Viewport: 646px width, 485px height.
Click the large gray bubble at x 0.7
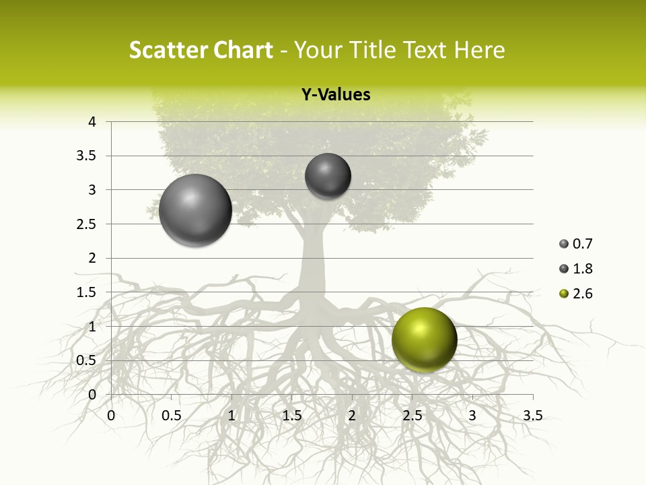tap(196, 210)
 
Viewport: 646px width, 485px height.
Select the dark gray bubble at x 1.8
tap(328, 176)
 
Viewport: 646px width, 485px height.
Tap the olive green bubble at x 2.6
tap(424, 339)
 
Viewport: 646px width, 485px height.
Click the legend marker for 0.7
tap(564, 244)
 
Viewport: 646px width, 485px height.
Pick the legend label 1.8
tap(582, 269)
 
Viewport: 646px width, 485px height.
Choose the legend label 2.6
tap(582, 294)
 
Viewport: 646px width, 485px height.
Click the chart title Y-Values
tap(335, 95)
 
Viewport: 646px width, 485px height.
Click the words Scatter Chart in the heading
tap(201, 50)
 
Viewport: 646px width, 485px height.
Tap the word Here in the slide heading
tap(479, 50)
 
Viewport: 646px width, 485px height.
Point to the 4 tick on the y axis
tap(92, 122)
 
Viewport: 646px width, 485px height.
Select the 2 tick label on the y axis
tap(92, 258)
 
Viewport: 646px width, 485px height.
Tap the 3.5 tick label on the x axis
tap(532, 416)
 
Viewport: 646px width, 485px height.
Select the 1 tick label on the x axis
tap(231, 416)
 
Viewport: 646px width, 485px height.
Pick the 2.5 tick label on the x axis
tap(412, 416)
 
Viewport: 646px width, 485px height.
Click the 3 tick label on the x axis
tap(472, 416)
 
